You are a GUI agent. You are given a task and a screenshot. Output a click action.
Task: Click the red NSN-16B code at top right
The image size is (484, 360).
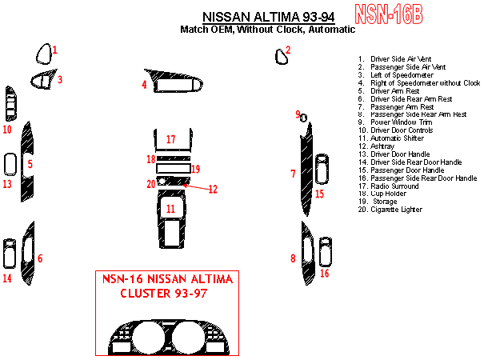(389, 14)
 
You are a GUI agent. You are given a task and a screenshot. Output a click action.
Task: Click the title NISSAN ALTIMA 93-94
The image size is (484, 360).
(269, 17)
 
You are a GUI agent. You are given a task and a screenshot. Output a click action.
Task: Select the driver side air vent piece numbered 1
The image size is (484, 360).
(44, 54)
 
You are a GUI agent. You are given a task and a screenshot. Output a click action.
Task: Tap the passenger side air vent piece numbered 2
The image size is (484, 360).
(282, 57)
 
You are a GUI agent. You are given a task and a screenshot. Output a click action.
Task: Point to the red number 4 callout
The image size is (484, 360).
(144, 84)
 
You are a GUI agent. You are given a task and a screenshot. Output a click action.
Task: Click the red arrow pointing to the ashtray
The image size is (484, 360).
(196, 186)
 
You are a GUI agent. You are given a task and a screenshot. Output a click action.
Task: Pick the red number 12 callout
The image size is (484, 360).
(213, 190)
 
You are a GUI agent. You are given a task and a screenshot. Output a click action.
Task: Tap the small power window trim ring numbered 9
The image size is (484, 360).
(304, 118)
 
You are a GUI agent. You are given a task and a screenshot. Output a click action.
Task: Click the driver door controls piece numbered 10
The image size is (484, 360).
(10, 104)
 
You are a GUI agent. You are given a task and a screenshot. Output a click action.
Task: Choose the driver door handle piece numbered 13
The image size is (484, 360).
(10, 165)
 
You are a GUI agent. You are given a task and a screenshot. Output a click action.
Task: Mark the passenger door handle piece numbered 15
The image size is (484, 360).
(322, 169)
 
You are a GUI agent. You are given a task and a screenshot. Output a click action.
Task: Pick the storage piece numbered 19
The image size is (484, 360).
(158, 169)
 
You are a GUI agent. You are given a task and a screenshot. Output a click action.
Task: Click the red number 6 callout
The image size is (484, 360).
(40, 258)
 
